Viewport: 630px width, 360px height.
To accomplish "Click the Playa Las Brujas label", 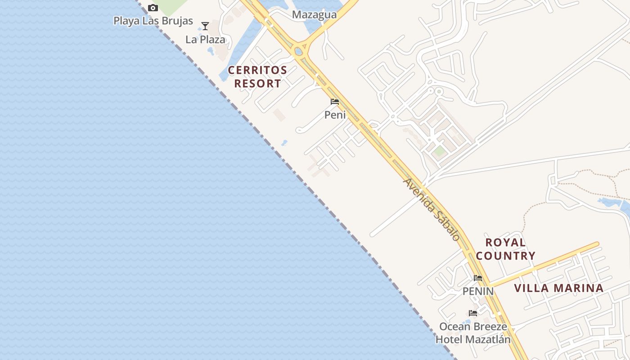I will click(153, 21).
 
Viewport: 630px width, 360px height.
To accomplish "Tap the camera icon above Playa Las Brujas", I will click(153, 8).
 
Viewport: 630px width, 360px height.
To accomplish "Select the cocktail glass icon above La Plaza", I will click(205, 26).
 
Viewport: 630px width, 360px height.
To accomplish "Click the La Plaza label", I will click(205, 40).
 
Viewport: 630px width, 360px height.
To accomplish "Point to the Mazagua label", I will click(314, 15).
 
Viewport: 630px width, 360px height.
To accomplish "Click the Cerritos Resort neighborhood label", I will click(257, 77).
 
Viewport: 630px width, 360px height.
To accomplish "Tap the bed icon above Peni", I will click(335, 102).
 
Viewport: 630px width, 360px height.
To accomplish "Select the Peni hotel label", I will click(335, 115).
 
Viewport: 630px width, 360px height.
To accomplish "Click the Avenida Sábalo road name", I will click(432, 209).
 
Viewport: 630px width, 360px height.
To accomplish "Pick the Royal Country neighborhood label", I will click(506, 249).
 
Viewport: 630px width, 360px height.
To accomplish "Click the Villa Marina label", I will click(558, 288).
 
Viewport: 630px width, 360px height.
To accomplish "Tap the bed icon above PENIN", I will click(478, 278).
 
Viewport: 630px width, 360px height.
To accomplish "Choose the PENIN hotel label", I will click(478, 292).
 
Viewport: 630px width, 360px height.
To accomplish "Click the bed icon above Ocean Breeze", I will click(473, 313).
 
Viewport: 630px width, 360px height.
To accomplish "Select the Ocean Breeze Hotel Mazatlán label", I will click(473, 333).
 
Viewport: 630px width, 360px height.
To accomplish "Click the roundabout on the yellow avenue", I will click(298, 50).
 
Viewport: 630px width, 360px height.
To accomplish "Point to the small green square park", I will click(440, 151).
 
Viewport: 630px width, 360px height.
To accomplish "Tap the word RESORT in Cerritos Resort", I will click(257, 84).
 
